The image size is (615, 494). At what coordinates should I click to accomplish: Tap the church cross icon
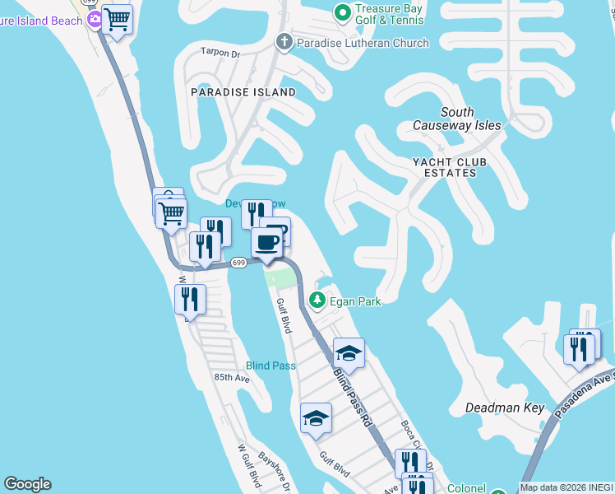coord(284,42)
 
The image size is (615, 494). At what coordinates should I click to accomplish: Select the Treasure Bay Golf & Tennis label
coord(390,13)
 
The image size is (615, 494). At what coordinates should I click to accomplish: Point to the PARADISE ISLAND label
coord(243,92)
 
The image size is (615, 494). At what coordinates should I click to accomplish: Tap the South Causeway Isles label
coord(469,119)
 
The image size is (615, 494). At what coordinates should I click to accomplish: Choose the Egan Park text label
coord(355,302)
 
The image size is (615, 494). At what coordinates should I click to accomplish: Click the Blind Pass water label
coord(271,366)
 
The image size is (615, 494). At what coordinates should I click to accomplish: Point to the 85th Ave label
coord(232,377)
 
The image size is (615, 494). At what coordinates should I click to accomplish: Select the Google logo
coord(27,484)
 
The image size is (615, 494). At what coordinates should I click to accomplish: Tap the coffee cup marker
coord(266,243)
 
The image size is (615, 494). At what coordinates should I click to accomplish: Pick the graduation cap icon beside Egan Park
coord(349,352)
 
